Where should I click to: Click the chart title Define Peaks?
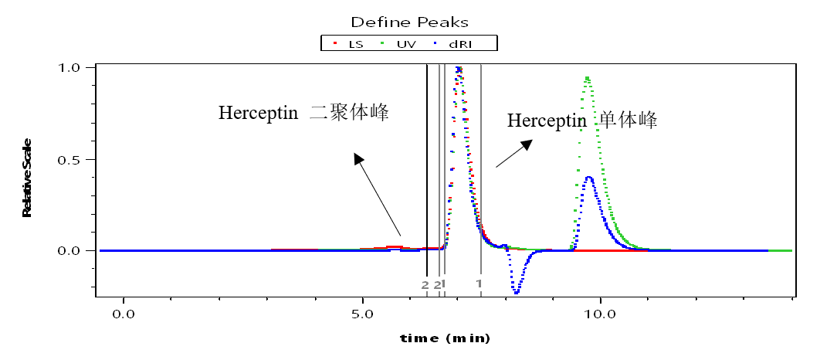click(409, 22)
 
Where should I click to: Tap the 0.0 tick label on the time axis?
click(123, 314)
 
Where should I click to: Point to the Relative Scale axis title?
click(27, 177)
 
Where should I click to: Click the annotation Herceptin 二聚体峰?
click(303, 113)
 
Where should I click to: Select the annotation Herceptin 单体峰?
click(581, 121)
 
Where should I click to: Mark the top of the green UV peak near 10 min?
click(588, 77)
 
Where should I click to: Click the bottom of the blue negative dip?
click(516, 293)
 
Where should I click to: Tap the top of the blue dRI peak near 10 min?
click(589, 178)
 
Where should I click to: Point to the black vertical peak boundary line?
click(427, 170)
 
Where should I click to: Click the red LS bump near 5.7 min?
click(395, 246)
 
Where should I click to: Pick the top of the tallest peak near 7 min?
click(459, 68)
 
